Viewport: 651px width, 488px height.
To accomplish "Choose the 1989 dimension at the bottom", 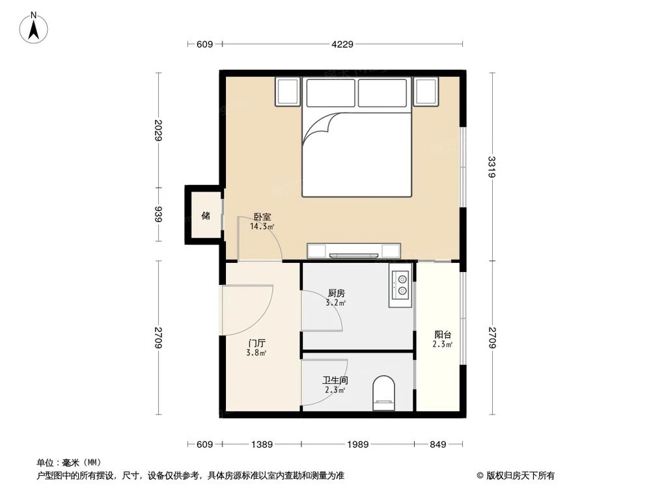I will (x=357, y=444).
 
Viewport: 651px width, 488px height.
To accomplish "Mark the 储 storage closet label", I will (x=206, y=215).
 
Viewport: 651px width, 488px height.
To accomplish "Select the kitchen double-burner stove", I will (x=401, y=286).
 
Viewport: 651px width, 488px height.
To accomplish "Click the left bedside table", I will (x=288, y=92).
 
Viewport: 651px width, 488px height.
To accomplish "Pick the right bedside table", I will (x=426, y=92).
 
